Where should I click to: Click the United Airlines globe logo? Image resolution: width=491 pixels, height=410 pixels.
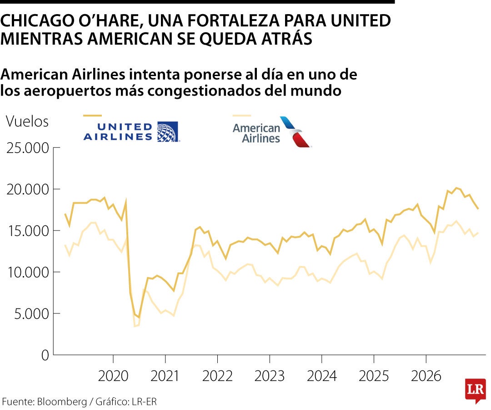(x=167, y=132)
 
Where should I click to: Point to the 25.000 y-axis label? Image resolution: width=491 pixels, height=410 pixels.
(x=27, y=148)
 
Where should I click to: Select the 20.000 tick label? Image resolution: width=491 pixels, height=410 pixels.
(x=27, y=190)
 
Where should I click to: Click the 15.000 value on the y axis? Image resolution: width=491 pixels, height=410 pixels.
(x=27, y=231)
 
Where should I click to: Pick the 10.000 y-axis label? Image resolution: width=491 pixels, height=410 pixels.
(x=27, y=272)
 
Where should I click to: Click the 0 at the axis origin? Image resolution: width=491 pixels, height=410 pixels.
(x=45, y=355)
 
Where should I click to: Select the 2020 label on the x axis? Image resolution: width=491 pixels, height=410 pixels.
(x=113, y=376)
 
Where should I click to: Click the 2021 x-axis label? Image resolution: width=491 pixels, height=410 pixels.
(x=165, y=376)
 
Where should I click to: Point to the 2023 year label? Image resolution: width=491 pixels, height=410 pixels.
(x=270, y=376)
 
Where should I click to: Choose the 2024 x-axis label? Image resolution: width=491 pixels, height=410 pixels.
(x=322, y=376)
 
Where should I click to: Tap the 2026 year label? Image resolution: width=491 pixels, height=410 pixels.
(x=426, y=376)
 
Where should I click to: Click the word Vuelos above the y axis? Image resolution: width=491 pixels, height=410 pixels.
(x=27, y=122)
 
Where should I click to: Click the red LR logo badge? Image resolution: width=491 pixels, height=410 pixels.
(x=475, y=390)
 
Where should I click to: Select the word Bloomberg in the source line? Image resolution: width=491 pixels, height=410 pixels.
(x=62, y=401)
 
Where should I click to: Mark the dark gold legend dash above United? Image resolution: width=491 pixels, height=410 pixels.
(x=92, y=116)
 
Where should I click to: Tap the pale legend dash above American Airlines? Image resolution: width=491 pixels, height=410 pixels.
(x=241, y=116)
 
